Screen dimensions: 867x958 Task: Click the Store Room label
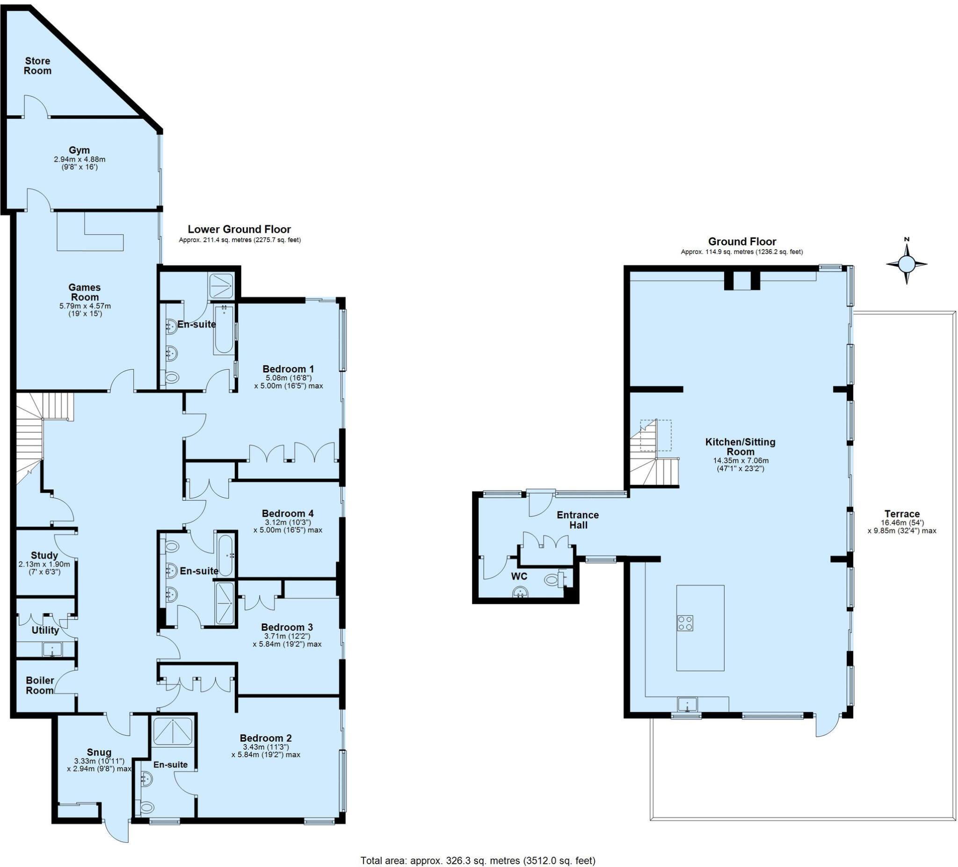click(x=37, y=66)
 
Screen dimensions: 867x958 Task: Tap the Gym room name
click(x=79, y=150)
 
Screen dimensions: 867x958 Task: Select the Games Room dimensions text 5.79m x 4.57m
click(x=85, y=306)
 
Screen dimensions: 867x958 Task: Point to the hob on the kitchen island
click(x=685, y=623)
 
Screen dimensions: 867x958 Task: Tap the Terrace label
click(x=901, y=514)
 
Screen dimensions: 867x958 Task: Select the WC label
click(x=519, y=576)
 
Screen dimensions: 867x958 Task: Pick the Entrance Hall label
click(x=578, y=520)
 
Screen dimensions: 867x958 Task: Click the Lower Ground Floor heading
click(x=239, y=229)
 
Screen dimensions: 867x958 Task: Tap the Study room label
click(x=44, y=556)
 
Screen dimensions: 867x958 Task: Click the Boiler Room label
click(x=40, y=685)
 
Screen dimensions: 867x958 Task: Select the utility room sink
click(x=52, y=649)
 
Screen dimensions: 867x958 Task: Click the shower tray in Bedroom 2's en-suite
click(x=174, y=731)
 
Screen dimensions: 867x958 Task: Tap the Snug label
click(x=99, y=752)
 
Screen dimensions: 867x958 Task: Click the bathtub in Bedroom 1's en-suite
click(x=224, y=330)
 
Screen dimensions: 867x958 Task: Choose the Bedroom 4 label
click(x=288, y=513)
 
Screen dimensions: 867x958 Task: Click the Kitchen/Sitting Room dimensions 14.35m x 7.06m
click(x=740, y=460)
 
